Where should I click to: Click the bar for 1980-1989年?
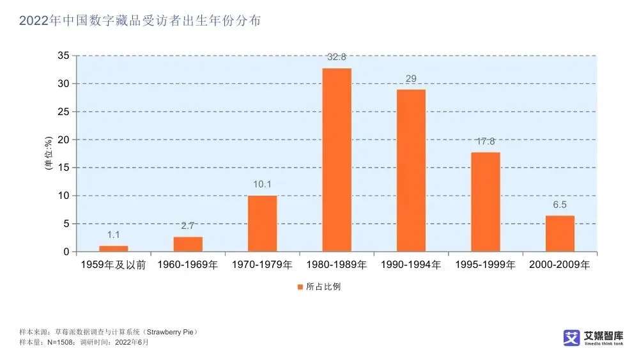tap(337, 160)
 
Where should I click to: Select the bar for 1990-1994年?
tap(411, 170)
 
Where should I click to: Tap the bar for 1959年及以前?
tap(114, 248)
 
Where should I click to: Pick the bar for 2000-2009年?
tap(560, 233)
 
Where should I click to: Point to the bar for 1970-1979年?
tap(262, 223)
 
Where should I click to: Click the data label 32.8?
tap(337, 57)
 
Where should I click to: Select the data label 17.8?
tap(486, 141)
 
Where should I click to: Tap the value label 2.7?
tap(188, 226)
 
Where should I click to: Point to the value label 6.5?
tap(560, 205)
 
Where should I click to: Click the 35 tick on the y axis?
tap(63, 56)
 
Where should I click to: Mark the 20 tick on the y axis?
tap(63, 139)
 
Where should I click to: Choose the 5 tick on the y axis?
tap(66, 224)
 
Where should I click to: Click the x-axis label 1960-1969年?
tap(188, 264)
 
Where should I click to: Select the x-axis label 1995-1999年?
tap(486, 264)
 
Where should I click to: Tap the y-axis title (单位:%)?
tap(49, 153)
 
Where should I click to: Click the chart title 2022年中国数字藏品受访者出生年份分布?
tap(140, 21)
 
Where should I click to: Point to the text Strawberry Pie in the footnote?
tap(171, 333)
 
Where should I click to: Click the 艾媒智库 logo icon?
tap(571, 338)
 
